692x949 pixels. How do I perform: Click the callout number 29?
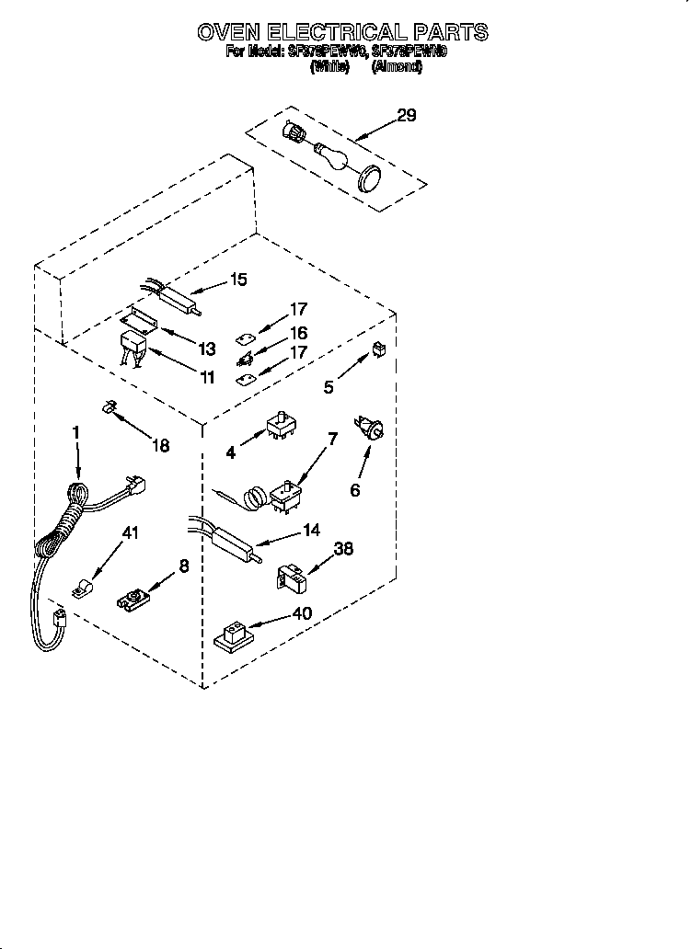tap(406, 115)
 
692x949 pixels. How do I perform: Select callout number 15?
tap(238, 280)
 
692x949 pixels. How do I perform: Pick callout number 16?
tap(298, 333)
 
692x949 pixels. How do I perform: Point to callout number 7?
tap(333, 439)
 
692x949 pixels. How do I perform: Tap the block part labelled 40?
tap(236, 634)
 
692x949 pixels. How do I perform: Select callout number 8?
tap(184, 567)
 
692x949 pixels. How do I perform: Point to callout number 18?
tap(160, 445)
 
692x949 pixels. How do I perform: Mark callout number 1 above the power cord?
tap(76, 431)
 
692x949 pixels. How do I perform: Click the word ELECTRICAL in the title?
tap(343, 33)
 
